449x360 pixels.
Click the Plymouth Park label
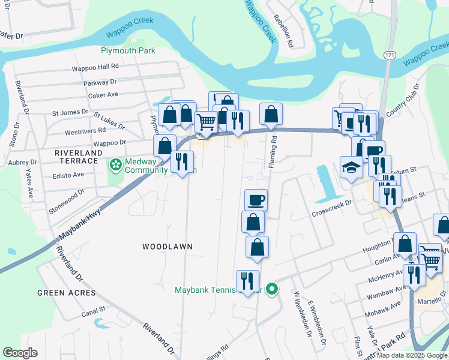click(x=128, y=50)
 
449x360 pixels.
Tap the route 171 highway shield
click(x=389, y=55)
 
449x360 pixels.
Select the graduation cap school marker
click(x=351, y=167)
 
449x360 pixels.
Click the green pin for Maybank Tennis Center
click(x=272, y=290)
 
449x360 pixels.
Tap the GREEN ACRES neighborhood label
click(x=66, y=293)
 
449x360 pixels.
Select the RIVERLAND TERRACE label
click(x=78, y=154)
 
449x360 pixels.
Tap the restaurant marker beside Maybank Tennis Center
click(x=247, y=281)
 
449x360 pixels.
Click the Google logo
click(x=20, y=353)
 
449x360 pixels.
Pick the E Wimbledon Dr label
click(x=318, y=324)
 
